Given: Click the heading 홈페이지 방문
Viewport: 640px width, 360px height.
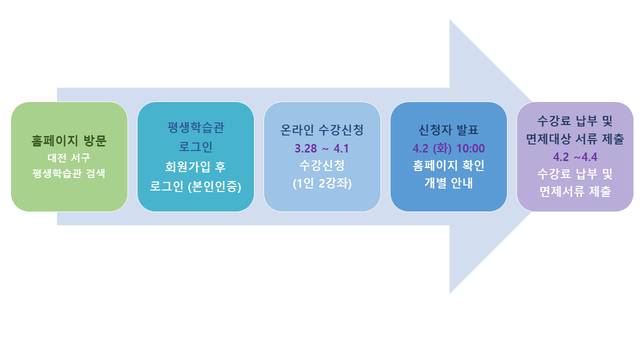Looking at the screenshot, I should pyautogui.click(x=69, y=141).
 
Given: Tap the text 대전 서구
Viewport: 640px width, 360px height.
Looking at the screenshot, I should pyautogui.click(x=69, y=158).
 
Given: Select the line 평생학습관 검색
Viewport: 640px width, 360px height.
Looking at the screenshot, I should pyautogui.click(x=69, y=174).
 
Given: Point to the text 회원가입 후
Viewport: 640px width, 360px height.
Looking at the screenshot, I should pyautogui.click(x=195, y=167).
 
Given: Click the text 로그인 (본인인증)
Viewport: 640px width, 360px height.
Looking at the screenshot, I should pyautogui.click(x=195, y=187).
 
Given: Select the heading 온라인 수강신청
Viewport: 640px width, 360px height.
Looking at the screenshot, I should pyautogui.click(x=322, y=130).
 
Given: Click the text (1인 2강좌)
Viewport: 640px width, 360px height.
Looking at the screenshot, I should pyautogui.click(x=322, y=183).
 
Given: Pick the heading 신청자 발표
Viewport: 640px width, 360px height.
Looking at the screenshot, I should pyautogui.click(x=448, y=130).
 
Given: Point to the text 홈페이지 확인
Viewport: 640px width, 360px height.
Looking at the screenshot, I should pyautogui.click(x=448, y=165).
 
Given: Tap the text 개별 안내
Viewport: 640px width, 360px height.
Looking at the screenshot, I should pyautogui.click(x=448, y=183).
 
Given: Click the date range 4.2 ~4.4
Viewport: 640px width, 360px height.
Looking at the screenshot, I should pyautogui.click(x=575, y=157).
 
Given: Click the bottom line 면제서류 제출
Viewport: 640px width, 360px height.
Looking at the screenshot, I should pyautogui.click(x=575, y=191).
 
